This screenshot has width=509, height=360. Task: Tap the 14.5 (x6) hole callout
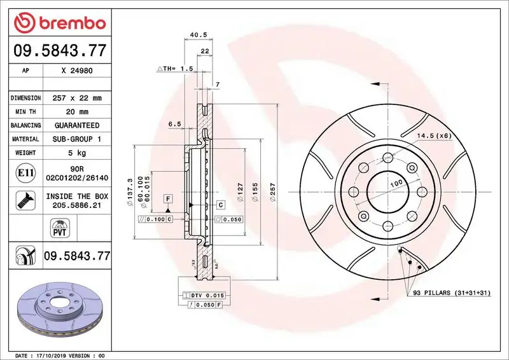[435, 135]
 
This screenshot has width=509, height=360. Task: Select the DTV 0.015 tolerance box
[202, 296]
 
